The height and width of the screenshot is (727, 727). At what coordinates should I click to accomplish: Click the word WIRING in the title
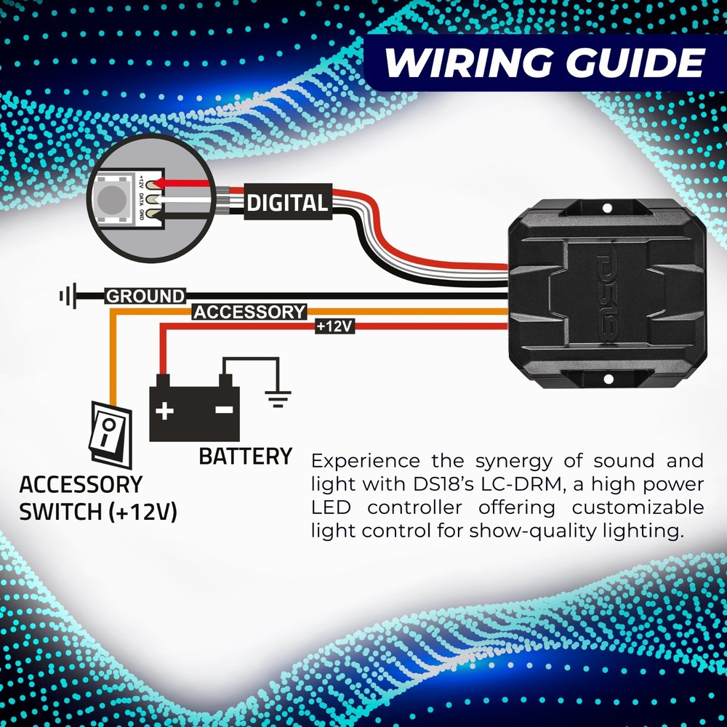coord(466,63)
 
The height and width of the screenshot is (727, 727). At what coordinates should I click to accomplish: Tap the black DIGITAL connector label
coord(287,203)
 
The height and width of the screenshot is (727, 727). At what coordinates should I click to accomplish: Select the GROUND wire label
coord(145,296)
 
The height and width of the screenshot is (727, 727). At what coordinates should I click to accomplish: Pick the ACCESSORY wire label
coord(249,313)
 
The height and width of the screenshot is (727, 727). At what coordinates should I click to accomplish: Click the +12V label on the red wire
coord(334,327)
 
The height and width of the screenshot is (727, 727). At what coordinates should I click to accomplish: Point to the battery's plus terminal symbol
coord(164,411)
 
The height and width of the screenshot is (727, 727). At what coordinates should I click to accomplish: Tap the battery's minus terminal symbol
coord(225,411)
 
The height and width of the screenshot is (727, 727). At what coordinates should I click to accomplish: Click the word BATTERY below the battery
coord(245,457)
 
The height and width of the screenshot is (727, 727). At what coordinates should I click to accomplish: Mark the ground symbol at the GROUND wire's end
coord(67,296)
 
